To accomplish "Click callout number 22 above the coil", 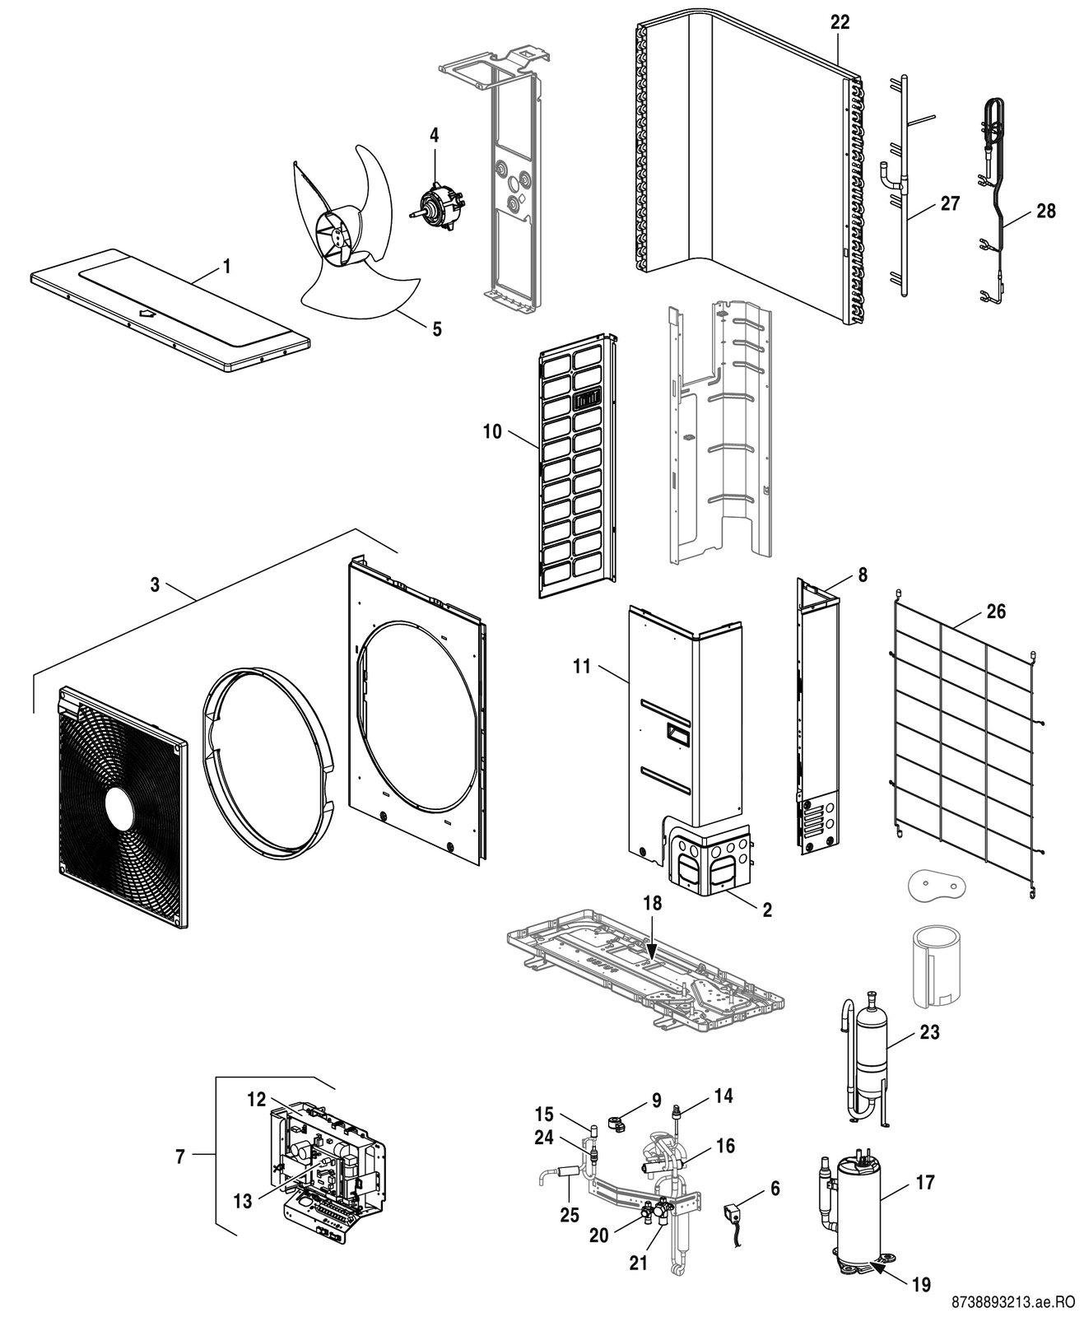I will coord(840,23).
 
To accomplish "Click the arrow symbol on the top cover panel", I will coord(148,313).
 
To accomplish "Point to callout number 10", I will coord(492,431).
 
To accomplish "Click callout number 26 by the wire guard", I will coord(996,612).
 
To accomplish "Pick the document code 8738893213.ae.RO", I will coord(1013,1302).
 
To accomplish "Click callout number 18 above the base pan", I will coord(653,903).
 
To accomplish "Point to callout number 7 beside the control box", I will coord(180,1156).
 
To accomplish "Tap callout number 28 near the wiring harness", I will coord(1045,211).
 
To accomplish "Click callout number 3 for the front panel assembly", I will coord(155,585).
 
